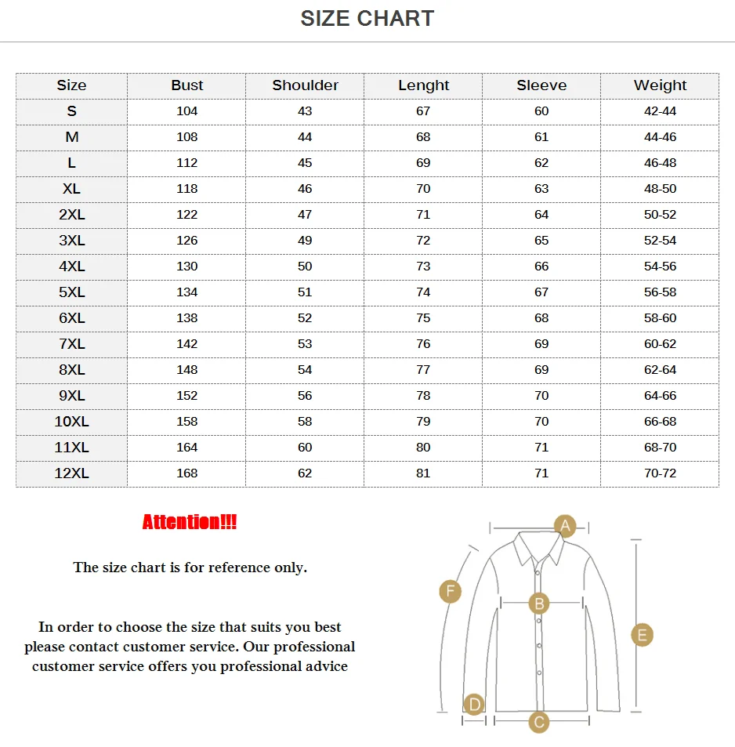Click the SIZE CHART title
click(367, 19)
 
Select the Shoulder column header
click(305, 85)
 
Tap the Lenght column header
click(423, 85)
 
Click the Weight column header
click(660, 85)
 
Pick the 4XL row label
click(71, 267)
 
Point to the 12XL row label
click(71, 473)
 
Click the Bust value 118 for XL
click(186, 189)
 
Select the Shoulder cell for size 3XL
click(305, 241)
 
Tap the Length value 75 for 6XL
click(423, 318)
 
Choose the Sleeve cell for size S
click(541, 111)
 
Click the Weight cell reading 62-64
click(660, 370)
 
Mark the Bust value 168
click(186, 473)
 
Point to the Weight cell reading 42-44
click(660, 111)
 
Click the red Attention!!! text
click(190, 522)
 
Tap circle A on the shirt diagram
click(565, 525)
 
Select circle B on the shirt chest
click(538, 604)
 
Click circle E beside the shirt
click(642, 635)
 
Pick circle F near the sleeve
click(450, 591)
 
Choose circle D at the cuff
click(473, 705)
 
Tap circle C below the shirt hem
click(538, 722)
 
